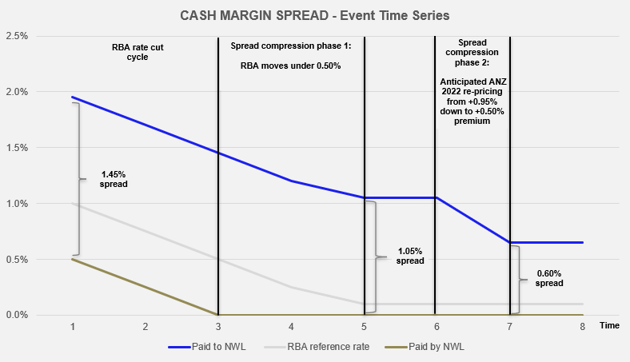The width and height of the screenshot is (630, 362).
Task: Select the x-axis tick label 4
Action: [291, 326]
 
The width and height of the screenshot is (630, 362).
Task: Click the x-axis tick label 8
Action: [583, 326]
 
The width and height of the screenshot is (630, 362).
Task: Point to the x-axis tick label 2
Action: [146, 326]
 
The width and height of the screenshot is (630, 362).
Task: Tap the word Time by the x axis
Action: [609, 326]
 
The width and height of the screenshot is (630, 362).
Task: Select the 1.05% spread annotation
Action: [411, 257]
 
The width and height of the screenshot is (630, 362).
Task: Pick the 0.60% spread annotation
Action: [549, 278]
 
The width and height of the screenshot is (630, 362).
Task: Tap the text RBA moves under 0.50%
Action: [291, 66]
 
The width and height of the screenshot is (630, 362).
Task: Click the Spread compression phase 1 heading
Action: [291, 46]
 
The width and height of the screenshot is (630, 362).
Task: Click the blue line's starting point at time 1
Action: [73, 97]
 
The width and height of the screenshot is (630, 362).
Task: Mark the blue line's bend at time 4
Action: [291, 181]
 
